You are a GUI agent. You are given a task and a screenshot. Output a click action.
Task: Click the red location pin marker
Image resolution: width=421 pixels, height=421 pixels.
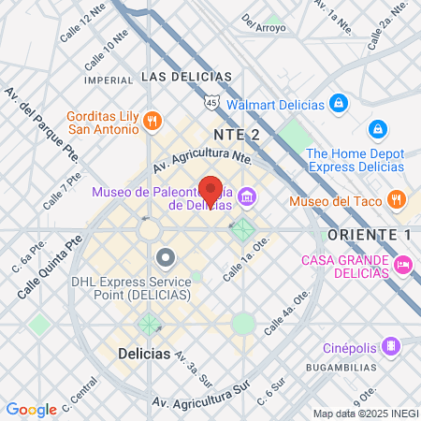[x=210, y=190]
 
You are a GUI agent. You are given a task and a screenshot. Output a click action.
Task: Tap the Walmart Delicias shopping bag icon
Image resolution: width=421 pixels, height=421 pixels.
[x=339, y=102]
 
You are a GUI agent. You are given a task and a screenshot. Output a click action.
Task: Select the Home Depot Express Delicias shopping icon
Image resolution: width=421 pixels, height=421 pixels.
[x=378, y=128]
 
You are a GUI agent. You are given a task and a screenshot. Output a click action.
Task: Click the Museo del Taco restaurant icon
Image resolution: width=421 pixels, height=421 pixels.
[x=397, y=198]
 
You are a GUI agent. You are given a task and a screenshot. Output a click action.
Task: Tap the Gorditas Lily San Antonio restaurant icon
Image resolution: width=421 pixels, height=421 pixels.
[x=155, y=120]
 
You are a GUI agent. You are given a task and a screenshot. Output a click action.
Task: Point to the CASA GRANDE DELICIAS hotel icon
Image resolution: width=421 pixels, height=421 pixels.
[x=403, y=266]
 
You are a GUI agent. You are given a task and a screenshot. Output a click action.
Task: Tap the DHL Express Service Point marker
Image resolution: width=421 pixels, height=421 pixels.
[x=166, y=255]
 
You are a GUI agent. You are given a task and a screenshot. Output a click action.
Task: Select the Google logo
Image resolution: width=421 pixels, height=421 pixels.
[x=31, y=410]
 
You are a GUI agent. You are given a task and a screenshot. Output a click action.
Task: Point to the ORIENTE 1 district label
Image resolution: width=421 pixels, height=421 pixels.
[x=370, y=233]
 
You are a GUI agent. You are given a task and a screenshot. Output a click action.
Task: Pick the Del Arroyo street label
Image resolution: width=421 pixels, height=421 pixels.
[x=263, y=22]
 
